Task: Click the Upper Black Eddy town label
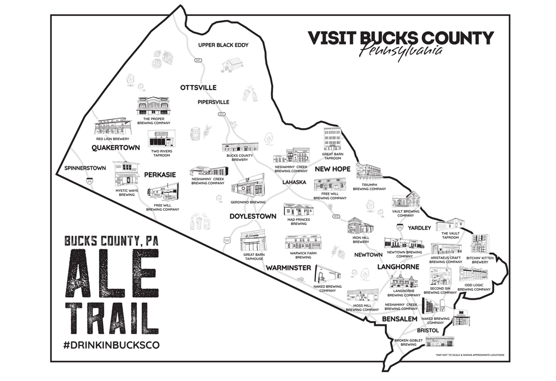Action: [223, 45]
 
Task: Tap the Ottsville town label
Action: [198, 88]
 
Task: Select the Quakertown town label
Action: [116, 147]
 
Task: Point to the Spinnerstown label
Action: [85, 168]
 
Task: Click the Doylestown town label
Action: [253, 216]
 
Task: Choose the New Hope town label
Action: [333, 169]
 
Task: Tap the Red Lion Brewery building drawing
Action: [113, 127]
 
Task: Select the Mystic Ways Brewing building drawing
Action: [126, 175]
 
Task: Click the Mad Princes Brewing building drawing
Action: [298, 210]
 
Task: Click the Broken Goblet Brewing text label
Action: [409, 343]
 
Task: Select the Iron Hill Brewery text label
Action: [361, 240]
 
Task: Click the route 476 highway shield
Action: [89, 181]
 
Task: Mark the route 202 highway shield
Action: [227, 240]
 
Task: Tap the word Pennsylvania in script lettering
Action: [401, 52]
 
